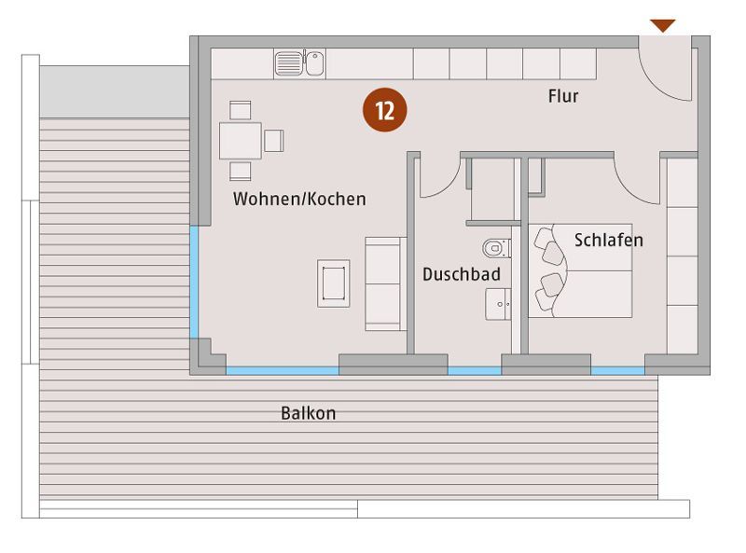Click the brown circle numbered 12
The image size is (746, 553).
point(385,110)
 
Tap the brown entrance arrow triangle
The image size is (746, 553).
point(663,25)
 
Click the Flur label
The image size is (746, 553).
point(563,96)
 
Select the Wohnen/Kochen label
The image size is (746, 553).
point(299,199)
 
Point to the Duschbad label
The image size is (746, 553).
point(462,274)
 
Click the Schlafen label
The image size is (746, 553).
point(609,240)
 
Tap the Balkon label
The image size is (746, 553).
point(309,412)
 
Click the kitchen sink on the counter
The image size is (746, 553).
point(299,63)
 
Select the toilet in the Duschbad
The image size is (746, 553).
point(497,248)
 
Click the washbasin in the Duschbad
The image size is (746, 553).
point(498,304)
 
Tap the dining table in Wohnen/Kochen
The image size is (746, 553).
point(241,141)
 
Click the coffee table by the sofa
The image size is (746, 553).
point(334,283)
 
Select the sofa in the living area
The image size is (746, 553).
point(385,283)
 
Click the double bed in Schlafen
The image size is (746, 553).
point(580,270)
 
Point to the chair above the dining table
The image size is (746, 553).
point(241,110)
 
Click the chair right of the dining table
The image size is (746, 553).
point(274,141)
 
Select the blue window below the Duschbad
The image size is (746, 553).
point(475,371)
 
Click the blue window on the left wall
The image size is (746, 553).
point(194,283)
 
